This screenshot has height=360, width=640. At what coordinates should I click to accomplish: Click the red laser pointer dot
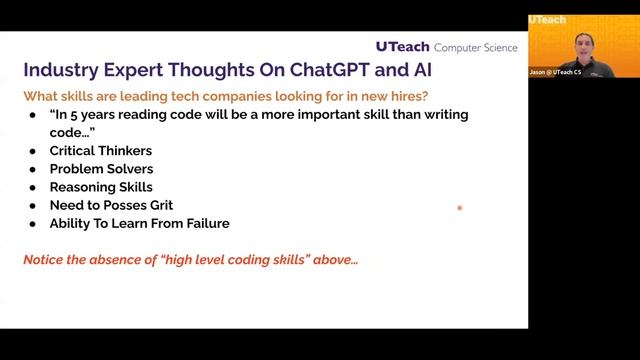coord(459,208)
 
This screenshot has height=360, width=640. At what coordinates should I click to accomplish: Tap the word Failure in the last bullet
coord(205,223)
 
